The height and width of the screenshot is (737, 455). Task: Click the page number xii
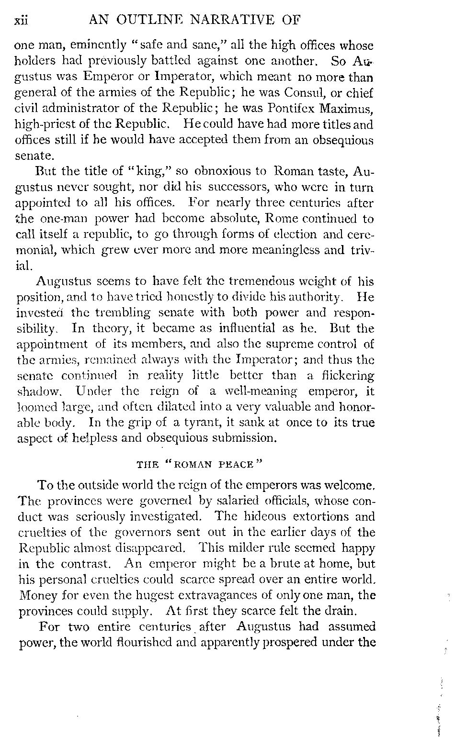(22, 21)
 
